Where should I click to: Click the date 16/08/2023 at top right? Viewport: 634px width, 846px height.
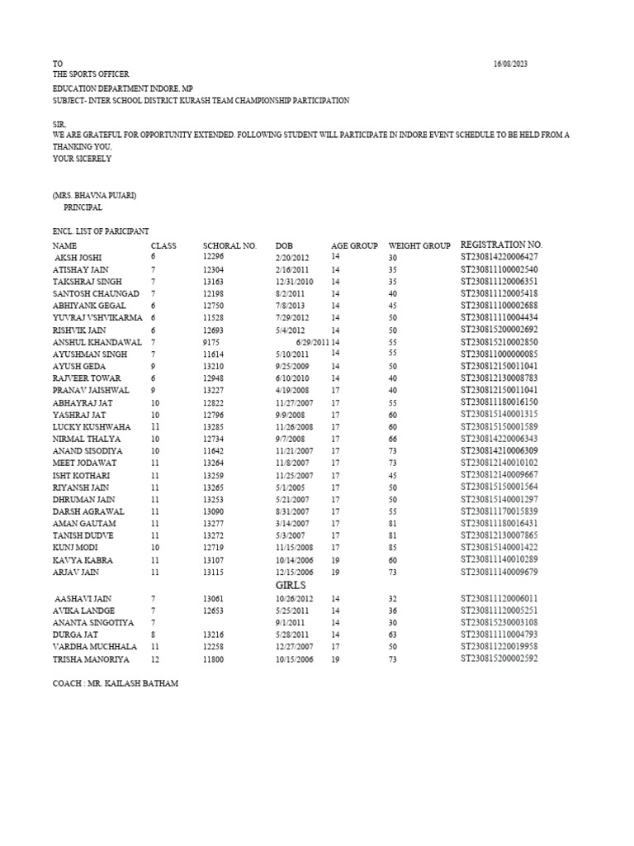click(x=510, y=64)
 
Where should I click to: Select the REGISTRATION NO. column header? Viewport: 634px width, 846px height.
click(x=501, y=245)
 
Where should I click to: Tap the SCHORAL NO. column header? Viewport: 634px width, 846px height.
click(x=229, y=245)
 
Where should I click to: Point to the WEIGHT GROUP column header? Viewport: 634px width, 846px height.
click(x=419, y=245)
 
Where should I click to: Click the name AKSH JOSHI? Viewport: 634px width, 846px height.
click(x=79, y=257)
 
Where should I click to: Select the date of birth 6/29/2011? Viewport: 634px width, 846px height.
click(x=310, y=341)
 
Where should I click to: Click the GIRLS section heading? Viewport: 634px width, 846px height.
click(x=291, y=583)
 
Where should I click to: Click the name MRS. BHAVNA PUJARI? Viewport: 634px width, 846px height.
click(x=95, y=196)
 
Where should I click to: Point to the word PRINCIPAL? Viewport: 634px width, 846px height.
click(x=83, y=208)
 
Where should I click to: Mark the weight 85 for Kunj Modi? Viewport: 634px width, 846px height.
click(x=393, y=548)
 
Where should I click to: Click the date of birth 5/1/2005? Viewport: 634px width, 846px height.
click(x=287, y=488)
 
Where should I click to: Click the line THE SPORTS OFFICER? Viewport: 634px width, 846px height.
click(x=91, y=75)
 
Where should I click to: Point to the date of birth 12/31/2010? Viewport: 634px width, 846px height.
click(x=293, y=281)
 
